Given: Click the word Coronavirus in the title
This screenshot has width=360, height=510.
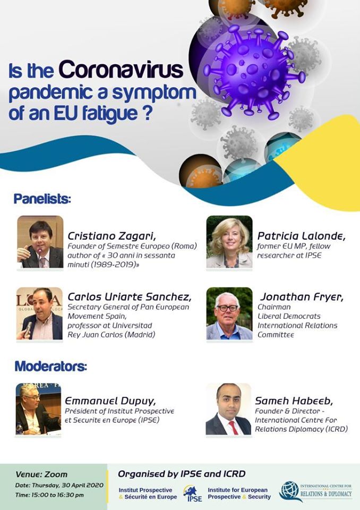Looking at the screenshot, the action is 121,70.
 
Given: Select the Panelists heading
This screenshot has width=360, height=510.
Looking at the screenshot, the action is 42,199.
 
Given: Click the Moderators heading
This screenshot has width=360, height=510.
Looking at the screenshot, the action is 51,366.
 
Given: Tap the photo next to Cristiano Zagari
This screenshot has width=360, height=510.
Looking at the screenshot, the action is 40,242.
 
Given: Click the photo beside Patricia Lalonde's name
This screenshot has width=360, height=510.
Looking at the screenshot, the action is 229,242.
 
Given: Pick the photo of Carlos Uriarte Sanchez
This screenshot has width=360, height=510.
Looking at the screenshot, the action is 39,313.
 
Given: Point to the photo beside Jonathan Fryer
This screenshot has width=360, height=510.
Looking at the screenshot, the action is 229,313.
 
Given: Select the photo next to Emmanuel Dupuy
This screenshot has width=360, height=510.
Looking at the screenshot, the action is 38,409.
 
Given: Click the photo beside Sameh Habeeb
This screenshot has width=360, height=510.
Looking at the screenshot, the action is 228,409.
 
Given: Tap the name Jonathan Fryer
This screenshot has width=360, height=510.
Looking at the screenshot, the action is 302,297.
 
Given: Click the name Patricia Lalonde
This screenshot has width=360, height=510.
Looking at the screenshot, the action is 301,236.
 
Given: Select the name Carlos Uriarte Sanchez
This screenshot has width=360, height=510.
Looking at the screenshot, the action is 130,297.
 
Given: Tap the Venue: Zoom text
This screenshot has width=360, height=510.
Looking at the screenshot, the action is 41,474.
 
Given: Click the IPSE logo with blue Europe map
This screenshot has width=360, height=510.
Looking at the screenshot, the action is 193,493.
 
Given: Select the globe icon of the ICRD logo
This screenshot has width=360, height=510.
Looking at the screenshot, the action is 289,491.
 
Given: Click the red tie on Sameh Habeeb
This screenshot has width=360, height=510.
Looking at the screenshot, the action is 233,428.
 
